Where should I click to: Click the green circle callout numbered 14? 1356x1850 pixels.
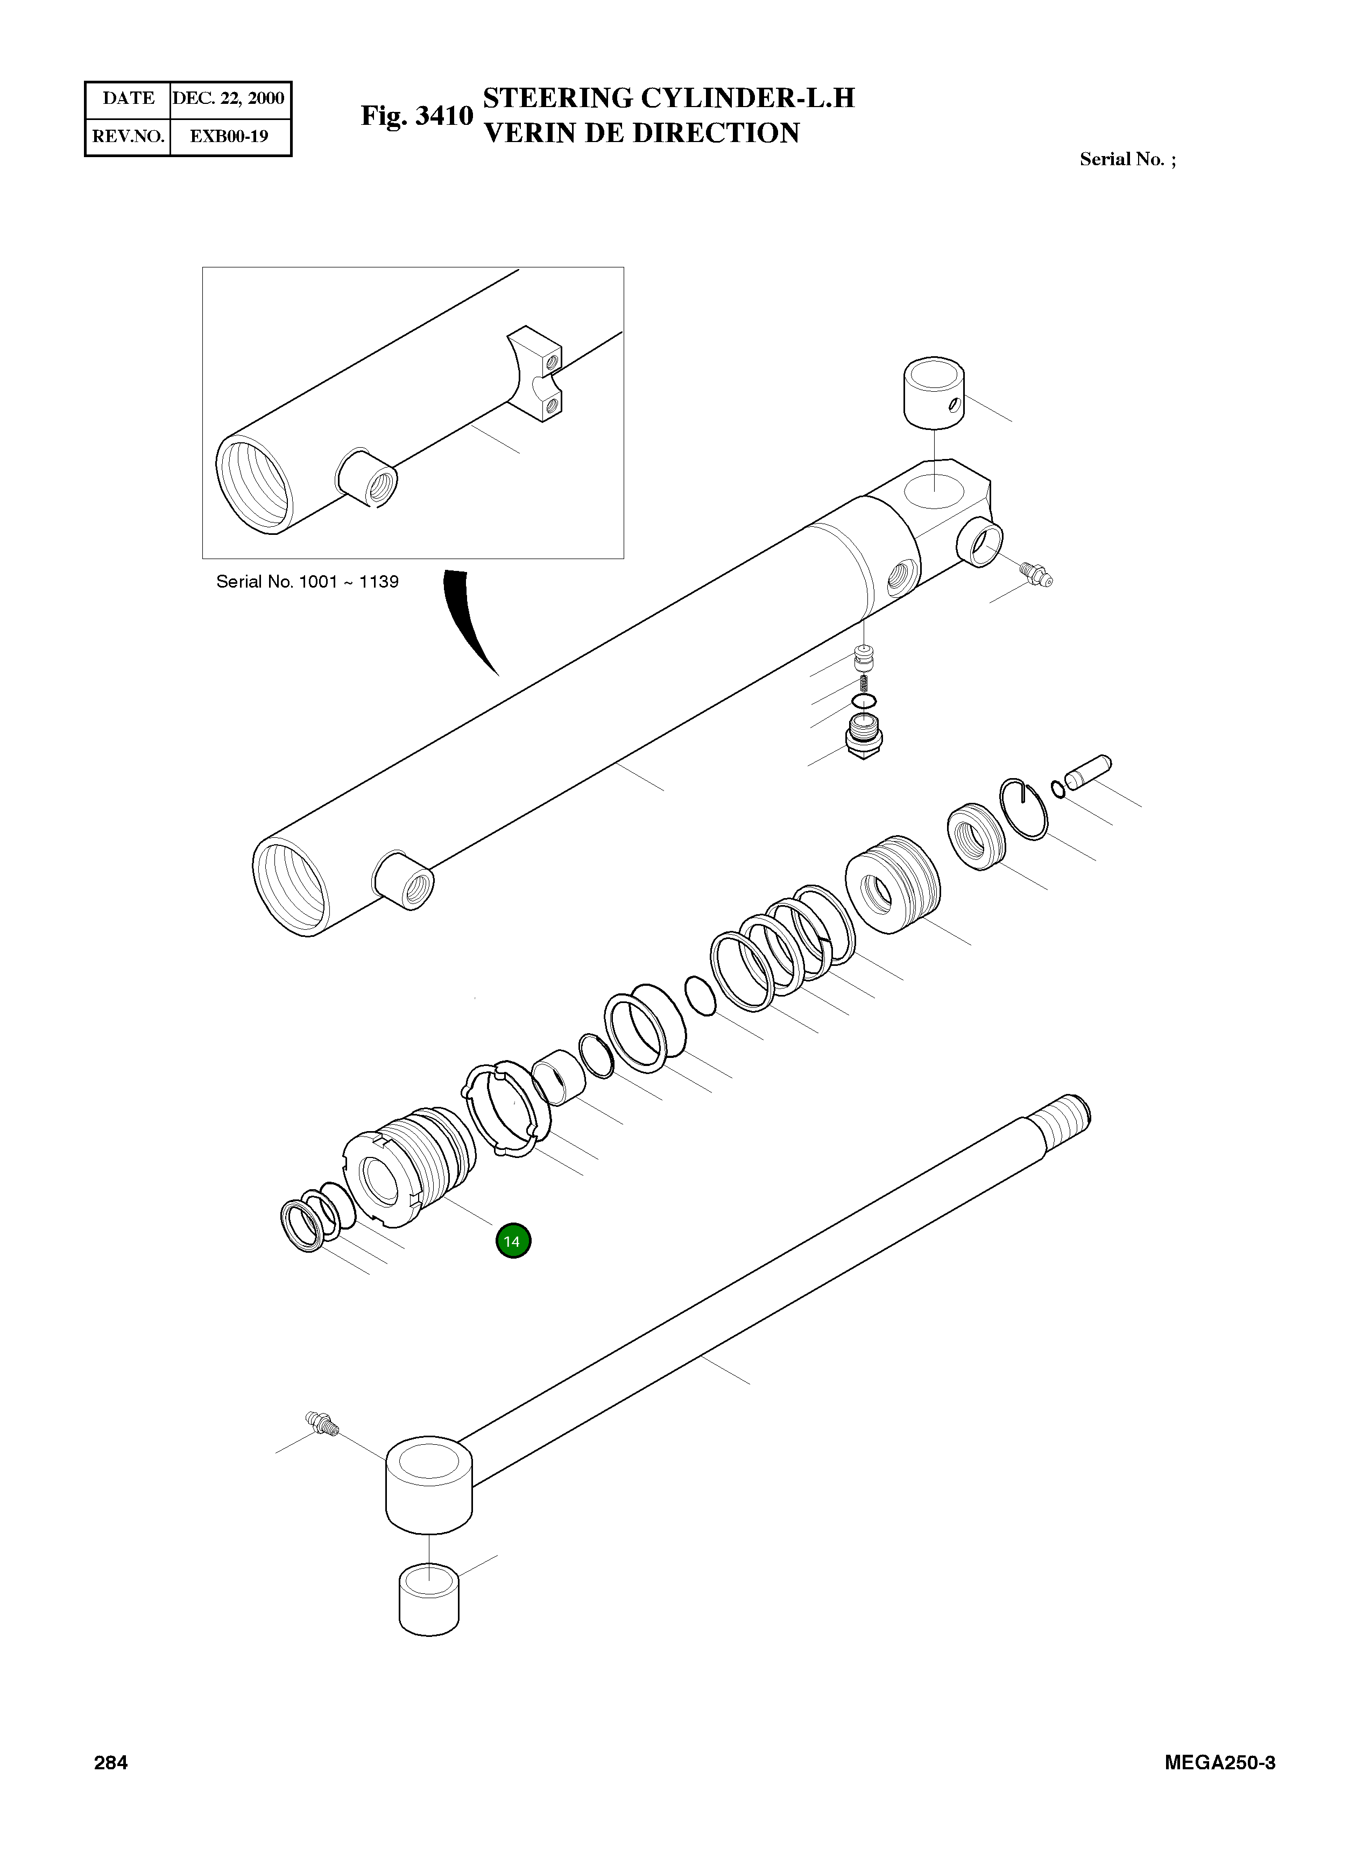[x=513, y=1241]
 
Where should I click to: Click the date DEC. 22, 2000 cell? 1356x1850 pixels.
[x=228, y=98]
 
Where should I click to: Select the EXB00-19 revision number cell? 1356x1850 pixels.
[x=229, y=136]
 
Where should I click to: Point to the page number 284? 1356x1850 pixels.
[x=111, y=1762]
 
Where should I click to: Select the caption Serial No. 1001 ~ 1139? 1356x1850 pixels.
[x=307, y=582]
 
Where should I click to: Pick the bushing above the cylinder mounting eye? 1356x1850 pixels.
[x=934, y=392]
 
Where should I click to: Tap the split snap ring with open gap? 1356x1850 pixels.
[x=1023, y=808]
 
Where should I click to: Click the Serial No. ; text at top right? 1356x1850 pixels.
[x=1127, y=159]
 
